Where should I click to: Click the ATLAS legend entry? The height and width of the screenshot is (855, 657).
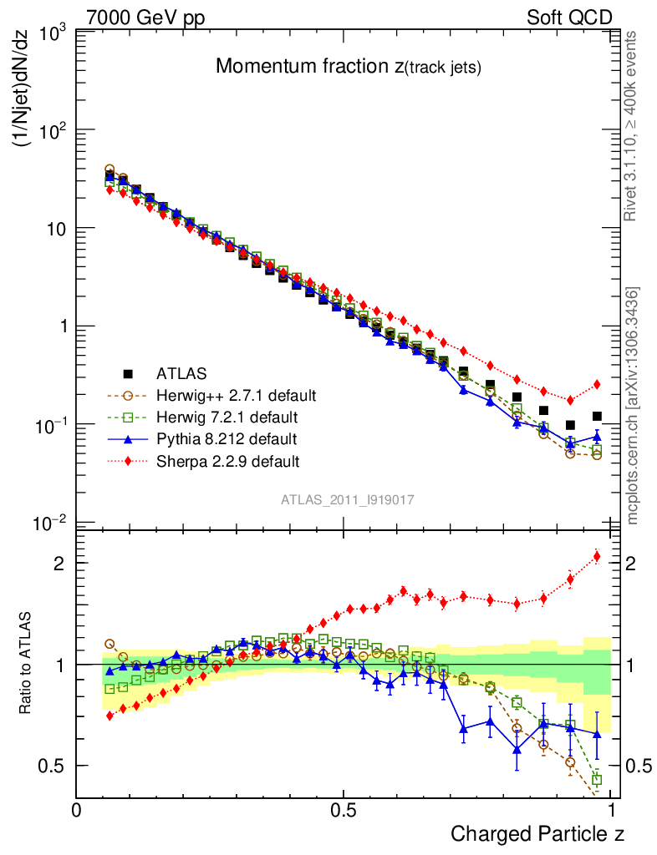tap(181, 373)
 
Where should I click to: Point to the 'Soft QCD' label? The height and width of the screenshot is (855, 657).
tap(569, 18)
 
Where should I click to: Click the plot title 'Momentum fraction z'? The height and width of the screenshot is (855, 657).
tap(349, 68)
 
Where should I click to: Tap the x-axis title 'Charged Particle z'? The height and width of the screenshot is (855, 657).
tap(537, 833)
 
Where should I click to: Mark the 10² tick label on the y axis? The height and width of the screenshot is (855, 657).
tap(52, 131)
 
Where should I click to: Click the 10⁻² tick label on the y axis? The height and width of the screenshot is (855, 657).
tap(52, 524)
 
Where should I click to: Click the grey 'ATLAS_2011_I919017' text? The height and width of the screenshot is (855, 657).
tap(348, 499)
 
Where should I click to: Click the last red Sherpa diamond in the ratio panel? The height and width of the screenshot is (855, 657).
tap(597, 556)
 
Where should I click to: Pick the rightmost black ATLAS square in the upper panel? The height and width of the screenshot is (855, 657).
tap(597, 416)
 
